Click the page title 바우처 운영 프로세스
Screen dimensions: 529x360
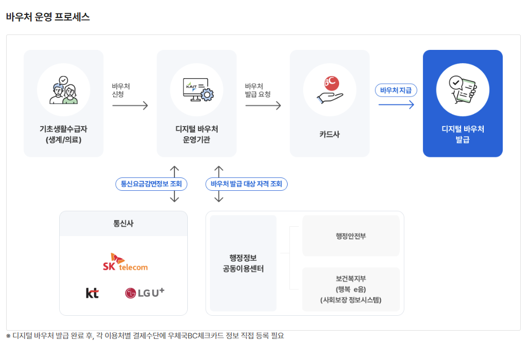48,17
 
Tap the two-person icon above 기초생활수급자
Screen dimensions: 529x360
63,91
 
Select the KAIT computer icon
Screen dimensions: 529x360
196,90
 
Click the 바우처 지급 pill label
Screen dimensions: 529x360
396,90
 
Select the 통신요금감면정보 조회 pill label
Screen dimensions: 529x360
151,184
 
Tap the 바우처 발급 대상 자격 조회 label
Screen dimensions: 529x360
246,184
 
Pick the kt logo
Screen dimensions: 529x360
92,293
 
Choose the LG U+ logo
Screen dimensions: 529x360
145,293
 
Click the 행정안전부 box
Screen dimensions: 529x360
350,236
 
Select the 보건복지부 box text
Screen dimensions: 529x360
350,289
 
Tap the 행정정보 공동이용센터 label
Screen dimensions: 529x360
243,263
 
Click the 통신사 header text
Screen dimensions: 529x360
124,224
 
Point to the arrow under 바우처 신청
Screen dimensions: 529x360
130,105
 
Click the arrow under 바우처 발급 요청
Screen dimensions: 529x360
263,105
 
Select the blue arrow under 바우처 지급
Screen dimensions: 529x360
396,105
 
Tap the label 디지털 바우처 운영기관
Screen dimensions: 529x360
196,134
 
